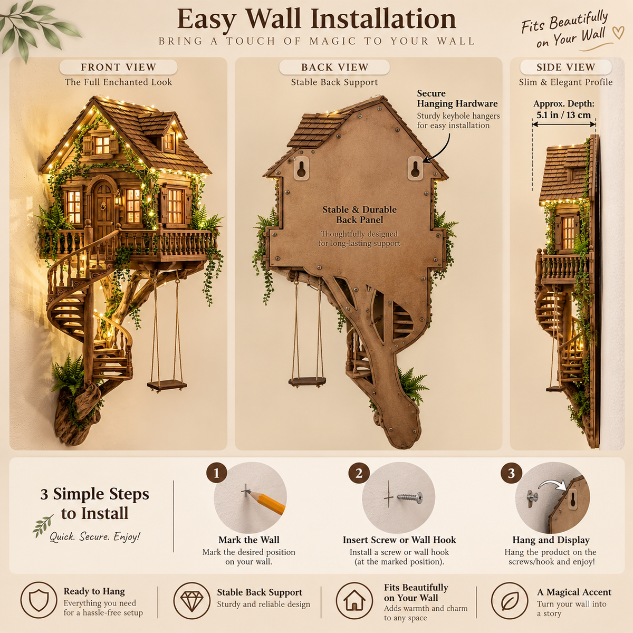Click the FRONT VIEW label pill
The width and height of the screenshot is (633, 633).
118,67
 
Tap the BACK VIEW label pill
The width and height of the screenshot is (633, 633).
334,67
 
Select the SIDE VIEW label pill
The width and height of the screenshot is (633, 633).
565,67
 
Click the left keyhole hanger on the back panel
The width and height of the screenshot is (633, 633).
301,168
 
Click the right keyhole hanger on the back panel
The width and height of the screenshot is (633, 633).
415,168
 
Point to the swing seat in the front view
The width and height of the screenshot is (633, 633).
167,385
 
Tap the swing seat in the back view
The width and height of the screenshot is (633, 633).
307,381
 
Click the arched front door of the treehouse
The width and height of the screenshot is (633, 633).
103,204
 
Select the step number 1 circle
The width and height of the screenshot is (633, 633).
216,473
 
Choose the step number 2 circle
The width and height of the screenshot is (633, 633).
359,473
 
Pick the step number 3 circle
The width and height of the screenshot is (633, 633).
511,473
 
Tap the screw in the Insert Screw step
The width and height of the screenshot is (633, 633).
410,497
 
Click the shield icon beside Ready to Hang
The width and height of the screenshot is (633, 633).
39,600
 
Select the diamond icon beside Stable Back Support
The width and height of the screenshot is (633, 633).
192,601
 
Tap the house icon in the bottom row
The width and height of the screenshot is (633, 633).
354,601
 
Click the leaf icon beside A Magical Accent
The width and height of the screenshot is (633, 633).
510,601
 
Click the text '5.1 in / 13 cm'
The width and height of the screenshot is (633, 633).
564,115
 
